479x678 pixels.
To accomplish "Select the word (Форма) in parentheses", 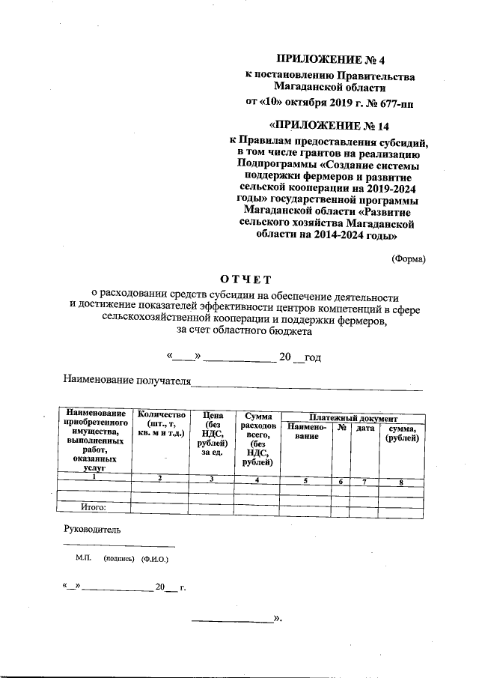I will pos(409,258).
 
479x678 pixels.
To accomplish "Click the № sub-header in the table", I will pos(341,427).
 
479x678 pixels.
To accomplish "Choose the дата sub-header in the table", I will pos(364,427).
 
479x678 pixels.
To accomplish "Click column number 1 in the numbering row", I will pos(94,478).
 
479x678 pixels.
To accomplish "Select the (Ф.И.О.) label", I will pos(155,559).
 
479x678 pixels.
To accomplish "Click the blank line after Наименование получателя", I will pos(307,386).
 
